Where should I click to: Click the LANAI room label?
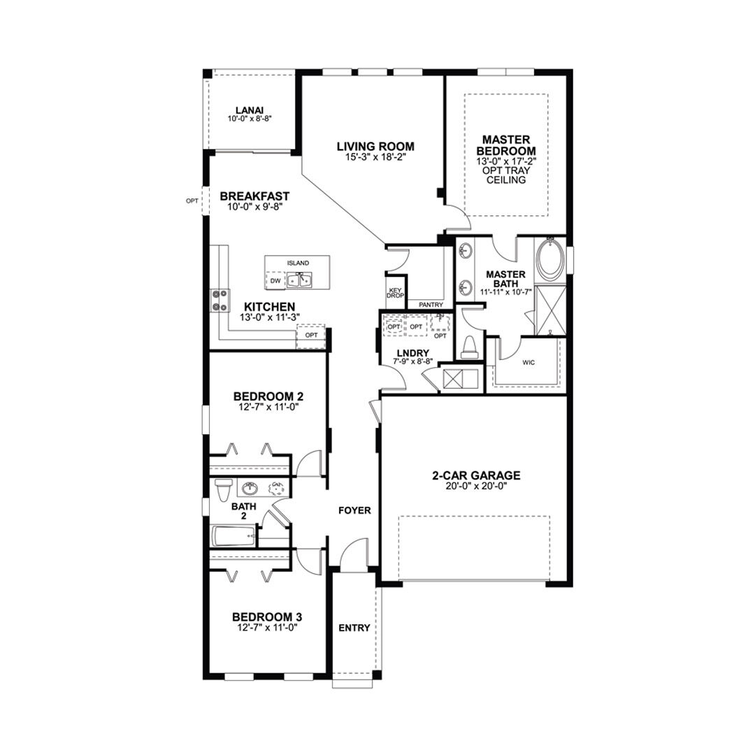coord(250,110)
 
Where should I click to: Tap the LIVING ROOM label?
coord(375,146)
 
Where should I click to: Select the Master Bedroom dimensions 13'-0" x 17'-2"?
coord(506,161)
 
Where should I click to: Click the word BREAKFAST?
coord(254,196)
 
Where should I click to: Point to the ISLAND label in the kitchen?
coord(298,263)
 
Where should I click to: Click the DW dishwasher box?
coord(275,280)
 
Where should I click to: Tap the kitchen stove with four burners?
coord(220,300)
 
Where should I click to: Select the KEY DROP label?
coord(396,293)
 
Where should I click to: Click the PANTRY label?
coord(431,305)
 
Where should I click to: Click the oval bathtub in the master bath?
coord(547,259)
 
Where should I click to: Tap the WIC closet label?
coord(528,363)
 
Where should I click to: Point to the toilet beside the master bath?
coord(468,347)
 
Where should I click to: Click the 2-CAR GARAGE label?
coord(476,476)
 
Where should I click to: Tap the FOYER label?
coord(355,510)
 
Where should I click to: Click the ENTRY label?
coord(354,628)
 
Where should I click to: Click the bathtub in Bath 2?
coord(234,536)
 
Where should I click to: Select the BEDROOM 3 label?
coord(267,617)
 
